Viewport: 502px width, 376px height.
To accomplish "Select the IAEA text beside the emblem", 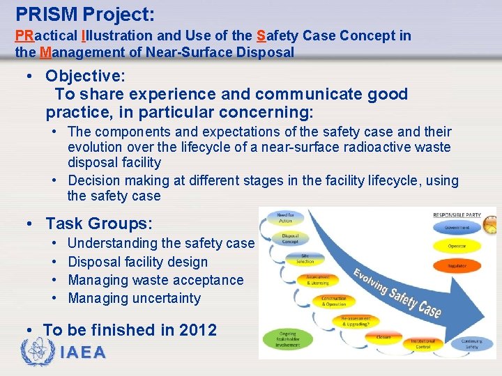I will pos(84,352).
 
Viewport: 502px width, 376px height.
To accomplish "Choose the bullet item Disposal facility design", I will pos(137,262).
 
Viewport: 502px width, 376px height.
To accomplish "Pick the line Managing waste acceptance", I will pos(155,280).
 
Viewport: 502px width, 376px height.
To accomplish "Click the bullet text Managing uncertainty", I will pos(134,298).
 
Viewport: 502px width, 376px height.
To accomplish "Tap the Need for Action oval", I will pos(284,217).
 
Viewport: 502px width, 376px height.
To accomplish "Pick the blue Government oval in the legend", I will pos(458,227).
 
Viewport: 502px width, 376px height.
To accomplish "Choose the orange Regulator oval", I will pos(458,265).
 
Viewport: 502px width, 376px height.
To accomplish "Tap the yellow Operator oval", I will pos(458,246).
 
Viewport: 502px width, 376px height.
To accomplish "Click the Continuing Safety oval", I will pos(473,343).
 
